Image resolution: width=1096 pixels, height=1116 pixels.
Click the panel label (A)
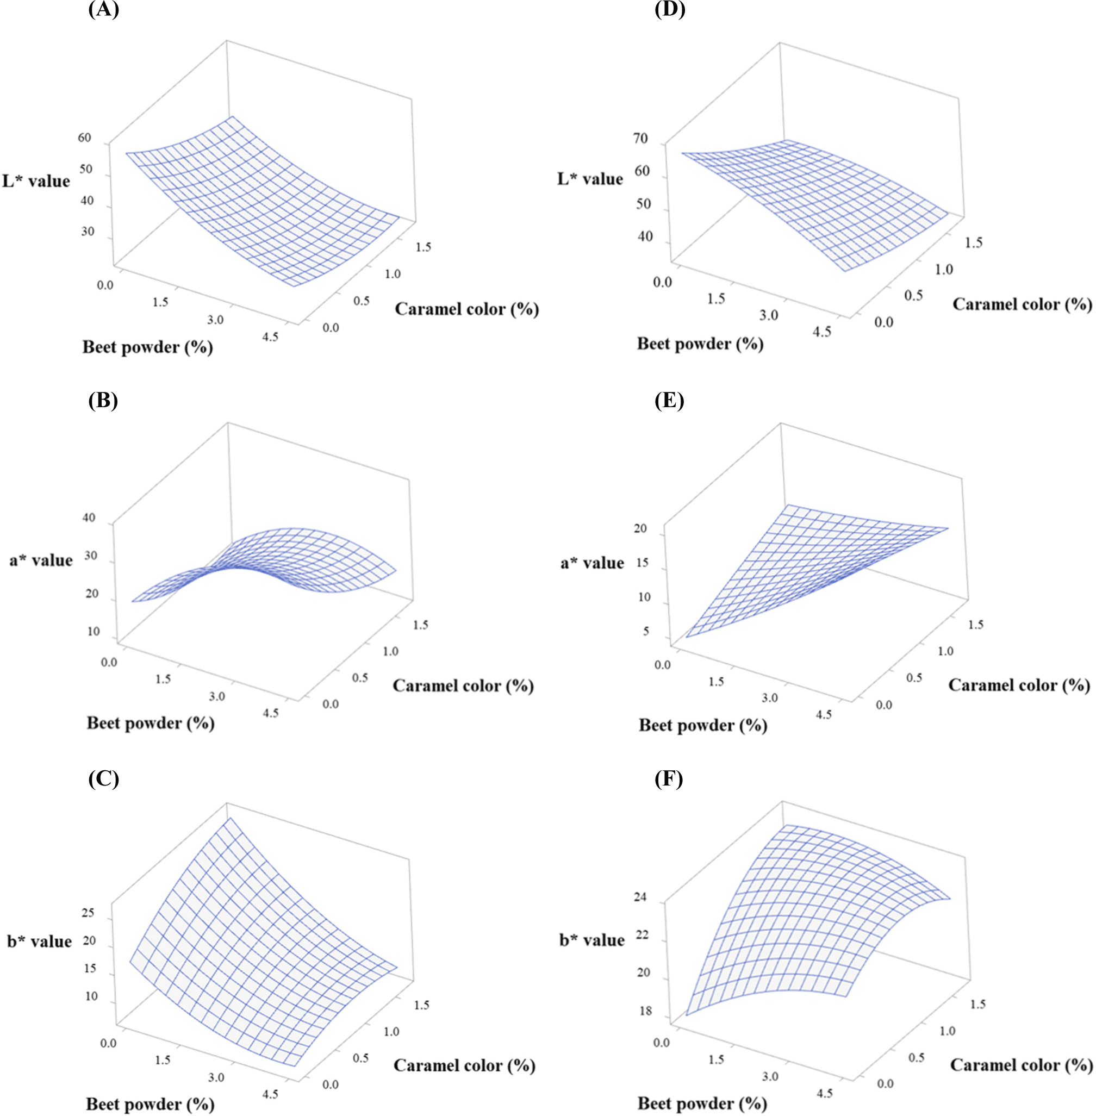tap(104, 10)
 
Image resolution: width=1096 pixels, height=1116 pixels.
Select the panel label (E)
tap(669, 400)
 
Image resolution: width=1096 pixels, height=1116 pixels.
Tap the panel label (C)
tap(104, 779)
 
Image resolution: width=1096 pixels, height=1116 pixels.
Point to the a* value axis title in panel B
tap(41, 560)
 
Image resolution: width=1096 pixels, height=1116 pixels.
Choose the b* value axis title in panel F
tap(591, 940)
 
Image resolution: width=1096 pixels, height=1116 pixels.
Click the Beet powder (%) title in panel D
tap(700, 344)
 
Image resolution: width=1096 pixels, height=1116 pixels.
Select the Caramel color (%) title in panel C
tap(464, 1065)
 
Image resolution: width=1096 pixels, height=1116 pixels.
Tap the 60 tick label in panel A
tap(85, 137)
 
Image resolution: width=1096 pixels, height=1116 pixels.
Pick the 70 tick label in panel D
tap(640, 138)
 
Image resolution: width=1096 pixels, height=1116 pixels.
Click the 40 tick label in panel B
tap(89, 518)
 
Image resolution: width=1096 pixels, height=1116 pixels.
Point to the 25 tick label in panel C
tap(88, 913)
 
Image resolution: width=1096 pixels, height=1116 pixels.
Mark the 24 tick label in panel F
tap(640, 897)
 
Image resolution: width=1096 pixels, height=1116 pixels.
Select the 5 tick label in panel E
tap(646, 631)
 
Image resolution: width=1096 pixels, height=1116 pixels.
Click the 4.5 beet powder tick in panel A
tap(270, 336)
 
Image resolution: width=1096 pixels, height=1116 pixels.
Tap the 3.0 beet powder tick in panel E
tap(770, 697)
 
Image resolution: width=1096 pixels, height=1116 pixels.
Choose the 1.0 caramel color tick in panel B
tap(390, 651)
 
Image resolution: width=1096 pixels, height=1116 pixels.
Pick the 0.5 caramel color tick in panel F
tap(917, 1057)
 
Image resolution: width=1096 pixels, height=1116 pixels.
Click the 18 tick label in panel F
tap(645, 1011)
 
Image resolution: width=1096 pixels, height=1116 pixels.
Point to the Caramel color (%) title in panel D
tap(1022, 304)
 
